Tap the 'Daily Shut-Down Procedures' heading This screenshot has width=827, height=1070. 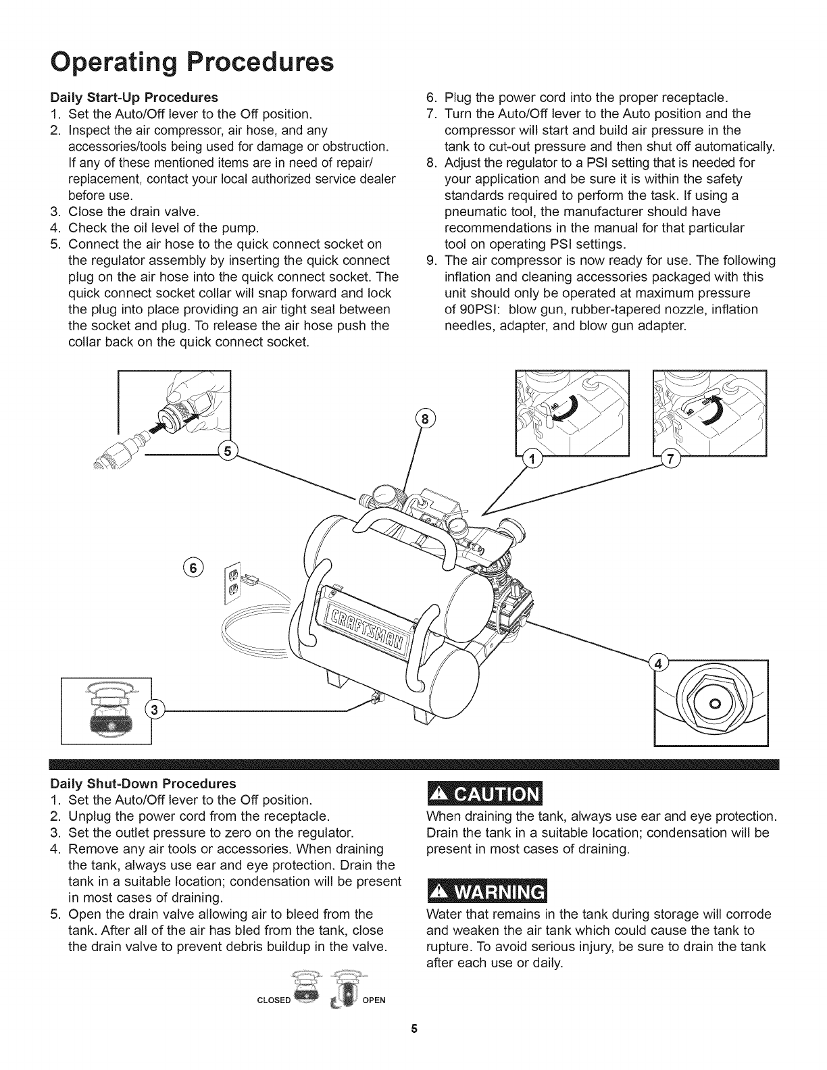pos(144,784)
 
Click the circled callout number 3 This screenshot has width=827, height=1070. pos(155,709)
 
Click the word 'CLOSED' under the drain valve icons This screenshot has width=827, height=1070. pos(273,1000)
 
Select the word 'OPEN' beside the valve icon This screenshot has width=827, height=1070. pos(374,1000)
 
